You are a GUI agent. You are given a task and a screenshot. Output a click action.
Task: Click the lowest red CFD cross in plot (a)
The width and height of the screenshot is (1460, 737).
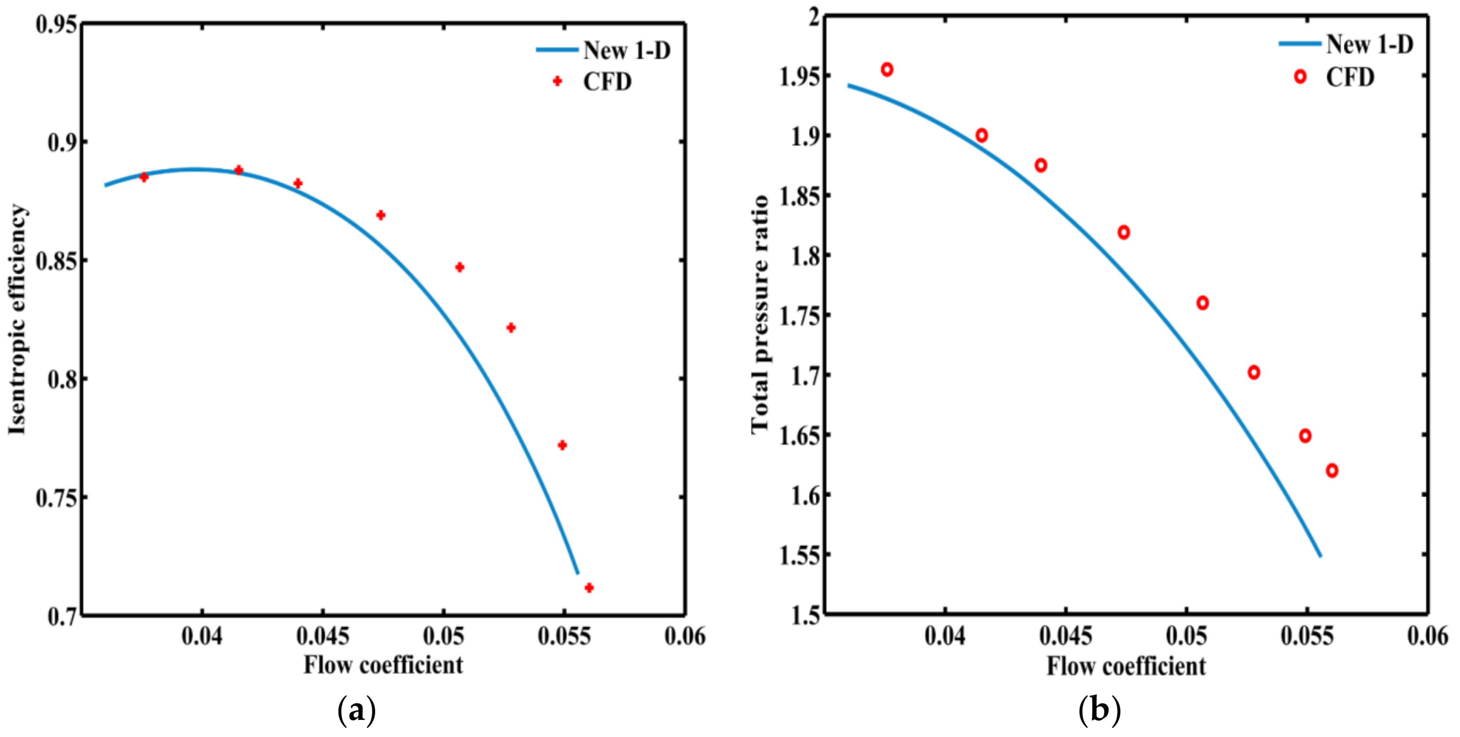pyautogui.click(x=589, y=588)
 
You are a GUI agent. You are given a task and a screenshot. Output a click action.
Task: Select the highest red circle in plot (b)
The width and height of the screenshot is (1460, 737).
pyautogui.click(x=887, y=70)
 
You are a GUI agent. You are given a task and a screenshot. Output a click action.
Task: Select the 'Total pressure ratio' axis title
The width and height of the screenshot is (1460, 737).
pyautogui.click(x=760, y=315)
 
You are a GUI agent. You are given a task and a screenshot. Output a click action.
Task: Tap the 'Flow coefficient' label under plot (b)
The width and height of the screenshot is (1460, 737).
pyautogui.click(x=1126, y=666)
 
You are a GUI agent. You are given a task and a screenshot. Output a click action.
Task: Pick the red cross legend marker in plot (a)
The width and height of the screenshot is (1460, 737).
pyautogui.click(x=557, y=82)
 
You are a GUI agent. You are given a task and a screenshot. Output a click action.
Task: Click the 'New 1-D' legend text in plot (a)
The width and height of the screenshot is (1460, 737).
pyautogui.click(x=627, y=51)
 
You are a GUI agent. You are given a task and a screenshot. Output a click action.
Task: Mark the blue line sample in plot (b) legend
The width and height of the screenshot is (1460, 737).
pyautogui.click(x=1299, y=44)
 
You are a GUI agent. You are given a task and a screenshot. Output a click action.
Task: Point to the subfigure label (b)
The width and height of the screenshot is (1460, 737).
pyautogui.click(x=1099, y=710)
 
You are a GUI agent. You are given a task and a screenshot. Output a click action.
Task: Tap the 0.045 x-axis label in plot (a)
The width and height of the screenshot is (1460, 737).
pyautogui.click(x=322, y=636)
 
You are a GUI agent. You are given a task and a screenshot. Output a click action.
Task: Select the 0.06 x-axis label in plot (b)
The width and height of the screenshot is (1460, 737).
pyautogui.click(x=1427, y=636)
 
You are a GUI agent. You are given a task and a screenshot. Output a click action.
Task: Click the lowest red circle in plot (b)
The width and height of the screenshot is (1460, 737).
pyautogui.click(x=1332, y=471)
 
